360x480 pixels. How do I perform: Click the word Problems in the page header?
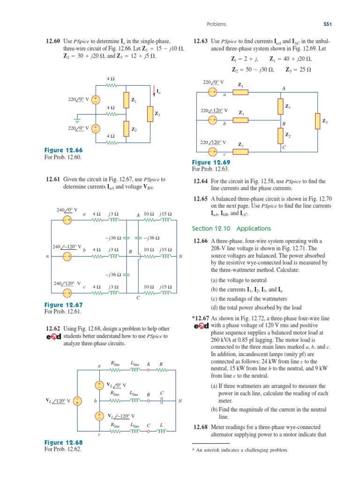coord(216,24)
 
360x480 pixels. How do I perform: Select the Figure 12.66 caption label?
coord(63,150)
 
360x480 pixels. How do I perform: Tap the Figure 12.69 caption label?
coord(211,162)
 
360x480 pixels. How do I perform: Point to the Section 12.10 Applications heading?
coord(232,228)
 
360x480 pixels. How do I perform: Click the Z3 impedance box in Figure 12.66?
coord(149,113)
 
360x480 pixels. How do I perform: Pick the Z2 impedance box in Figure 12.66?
coord(126,127)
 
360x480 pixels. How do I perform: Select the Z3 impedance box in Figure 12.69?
coord(317,121)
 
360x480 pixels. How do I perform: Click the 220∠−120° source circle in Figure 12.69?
coord(212,120)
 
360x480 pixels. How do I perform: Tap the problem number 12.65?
coord(201,199)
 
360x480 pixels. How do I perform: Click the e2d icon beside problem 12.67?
coord(201,326)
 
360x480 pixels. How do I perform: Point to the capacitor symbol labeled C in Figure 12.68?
coord(162,401)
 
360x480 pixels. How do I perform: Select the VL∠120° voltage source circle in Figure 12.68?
coord(77,401)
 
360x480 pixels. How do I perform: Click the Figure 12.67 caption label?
coord(63,305)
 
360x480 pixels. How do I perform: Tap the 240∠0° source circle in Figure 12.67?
coord(67,219)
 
